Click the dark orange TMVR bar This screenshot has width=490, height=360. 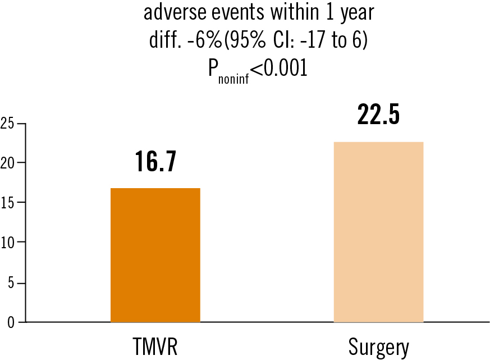point(155,255)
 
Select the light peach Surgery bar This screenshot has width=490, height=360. point(378,232)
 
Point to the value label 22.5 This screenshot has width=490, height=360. point(378,115)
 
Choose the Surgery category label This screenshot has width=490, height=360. point(378,348)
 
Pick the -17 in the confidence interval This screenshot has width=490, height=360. point(315,40)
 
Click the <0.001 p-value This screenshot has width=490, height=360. point(279,69)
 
